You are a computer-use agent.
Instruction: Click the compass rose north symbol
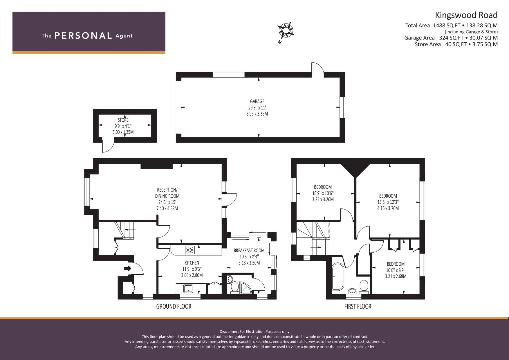(286, 30)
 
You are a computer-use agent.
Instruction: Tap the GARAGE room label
(257, 101)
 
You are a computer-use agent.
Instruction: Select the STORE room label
(123, 120)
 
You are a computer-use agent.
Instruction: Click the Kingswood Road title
(466, 15)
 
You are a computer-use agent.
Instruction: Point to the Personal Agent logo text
(87, 36)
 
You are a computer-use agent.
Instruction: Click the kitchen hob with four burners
(190, 250)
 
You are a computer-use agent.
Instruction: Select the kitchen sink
(188, 288)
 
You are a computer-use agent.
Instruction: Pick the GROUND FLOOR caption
(174, 306)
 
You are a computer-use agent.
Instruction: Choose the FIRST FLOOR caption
(358, 306)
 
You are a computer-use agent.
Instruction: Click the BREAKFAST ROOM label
(249, 251)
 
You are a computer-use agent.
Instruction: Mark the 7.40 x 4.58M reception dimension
(167, 209)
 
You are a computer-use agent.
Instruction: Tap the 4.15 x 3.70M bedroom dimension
(388, 208)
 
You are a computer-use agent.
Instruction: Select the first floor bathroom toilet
(364, 286)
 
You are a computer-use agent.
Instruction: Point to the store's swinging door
(107, 147)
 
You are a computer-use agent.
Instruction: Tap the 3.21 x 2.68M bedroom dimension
(396, 276)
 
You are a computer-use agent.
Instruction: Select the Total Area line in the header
(451, 25)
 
